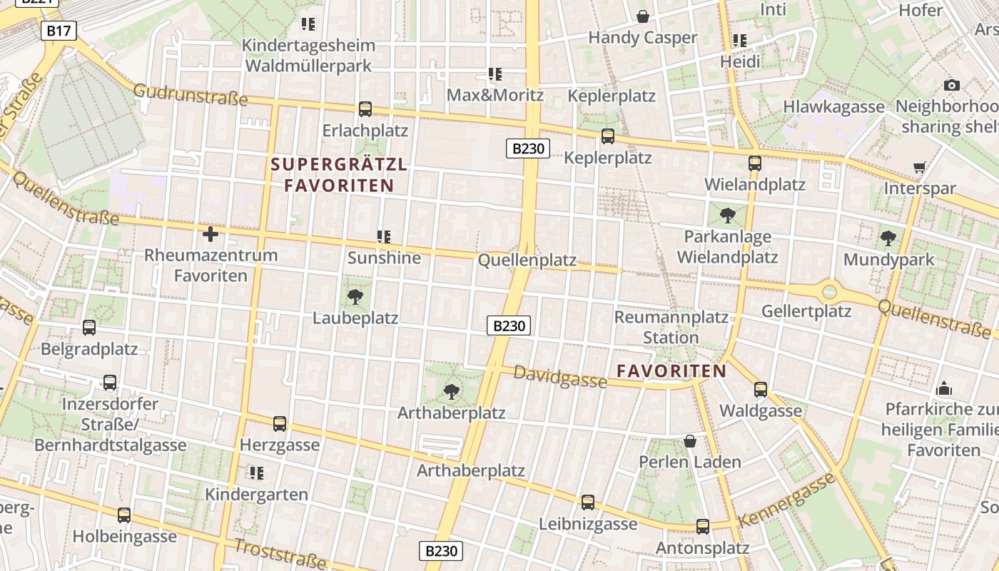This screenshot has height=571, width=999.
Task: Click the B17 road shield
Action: [59, 31]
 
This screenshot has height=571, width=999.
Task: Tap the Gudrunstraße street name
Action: [190, 95]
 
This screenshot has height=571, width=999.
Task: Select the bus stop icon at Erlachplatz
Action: [365, 109]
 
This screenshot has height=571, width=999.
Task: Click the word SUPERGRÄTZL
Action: [339, 165]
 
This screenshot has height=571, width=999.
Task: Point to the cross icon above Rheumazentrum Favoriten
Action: [211, 233]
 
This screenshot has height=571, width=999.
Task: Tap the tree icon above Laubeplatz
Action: [355, 296]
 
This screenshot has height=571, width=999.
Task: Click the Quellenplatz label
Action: [527, 260]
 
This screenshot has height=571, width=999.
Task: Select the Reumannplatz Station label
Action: [671, 327]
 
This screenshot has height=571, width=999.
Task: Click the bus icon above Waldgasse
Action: [761, 389]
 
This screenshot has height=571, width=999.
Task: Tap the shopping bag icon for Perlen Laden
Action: [690, 441]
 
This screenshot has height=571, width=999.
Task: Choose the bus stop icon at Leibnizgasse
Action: [588, 502]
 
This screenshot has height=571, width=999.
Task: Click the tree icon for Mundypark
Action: [888, 238]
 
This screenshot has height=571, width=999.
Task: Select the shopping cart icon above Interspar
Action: [920, 168]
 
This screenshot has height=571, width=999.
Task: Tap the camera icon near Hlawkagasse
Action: [951, 86]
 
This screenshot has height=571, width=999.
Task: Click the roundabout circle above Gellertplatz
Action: [829, 291]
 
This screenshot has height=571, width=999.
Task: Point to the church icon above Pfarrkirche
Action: [944, 388]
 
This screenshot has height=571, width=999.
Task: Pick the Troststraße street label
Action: [280, 553]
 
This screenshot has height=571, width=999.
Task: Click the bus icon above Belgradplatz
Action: [89, 328]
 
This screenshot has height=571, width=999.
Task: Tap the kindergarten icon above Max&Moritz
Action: [495, 74]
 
